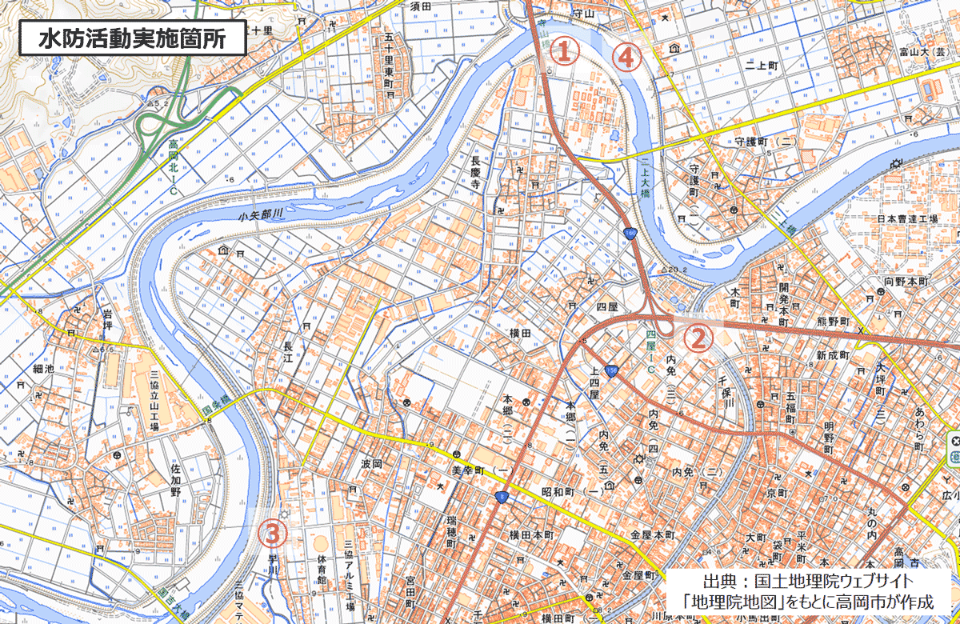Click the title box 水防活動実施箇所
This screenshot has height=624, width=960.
point(132,38)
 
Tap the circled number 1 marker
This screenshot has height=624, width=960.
point(564,51)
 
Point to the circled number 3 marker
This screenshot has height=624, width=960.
point(272,533)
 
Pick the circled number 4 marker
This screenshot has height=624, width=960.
point(626,58)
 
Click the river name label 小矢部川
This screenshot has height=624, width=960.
point(261,214)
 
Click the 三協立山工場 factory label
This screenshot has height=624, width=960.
point(154,400)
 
